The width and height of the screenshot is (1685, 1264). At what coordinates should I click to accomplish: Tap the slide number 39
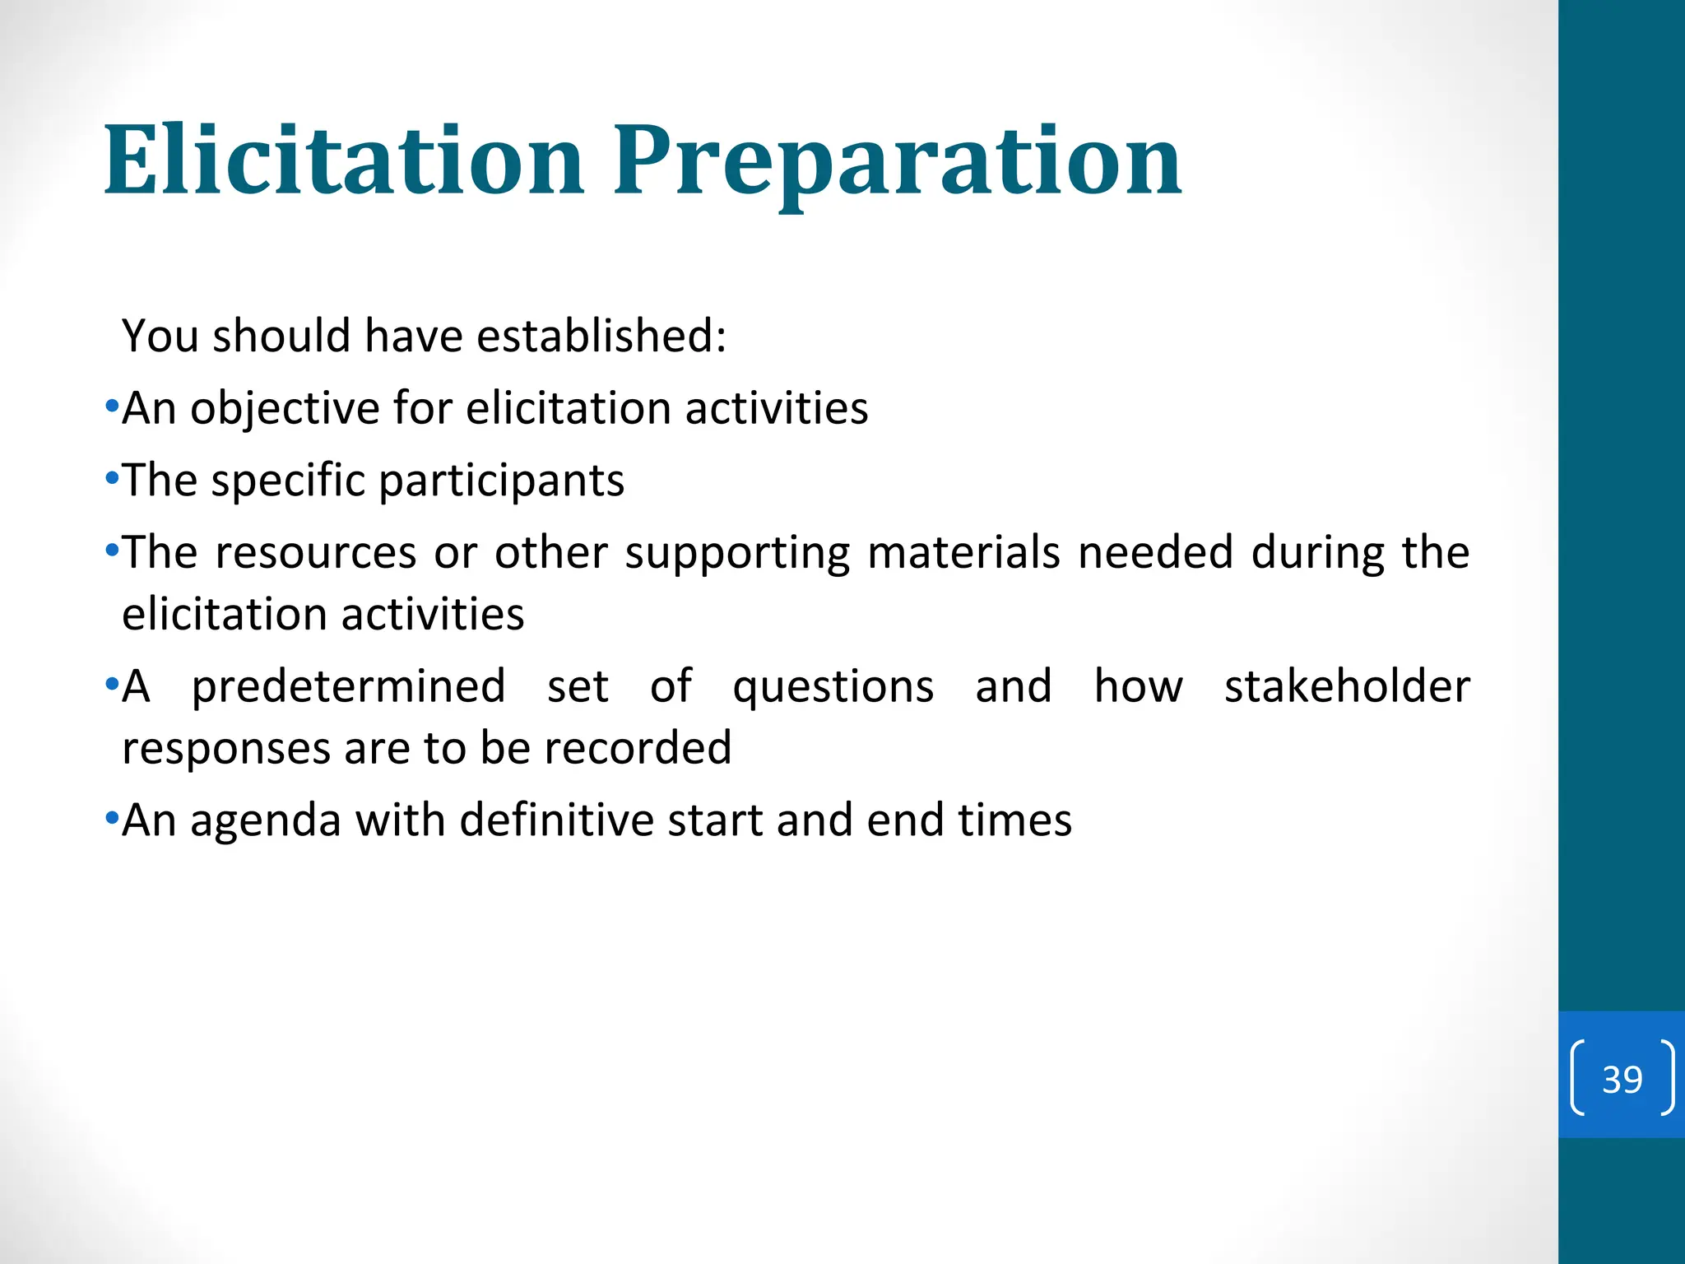point(1622,1079)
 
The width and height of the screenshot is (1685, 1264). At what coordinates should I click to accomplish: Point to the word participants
point(501,481)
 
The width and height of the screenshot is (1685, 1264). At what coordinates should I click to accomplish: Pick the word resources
point(316,552)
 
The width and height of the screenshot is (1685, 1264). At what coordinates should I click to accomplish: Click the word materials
point(963,552)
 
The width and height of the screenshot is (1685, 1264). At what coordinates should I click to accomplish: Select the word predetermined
point(348,687)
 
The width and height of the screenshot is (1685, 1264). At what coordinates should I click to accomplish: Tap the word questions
point(833,687)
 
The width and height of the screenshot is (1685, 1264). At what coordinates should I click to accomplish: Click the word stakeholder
point(1346,687)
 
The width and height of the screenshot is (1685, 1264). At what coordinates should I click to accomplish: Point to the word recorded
point(638,748)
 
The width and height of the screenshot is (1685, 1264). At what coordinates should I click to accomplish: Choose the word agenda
point(266,821)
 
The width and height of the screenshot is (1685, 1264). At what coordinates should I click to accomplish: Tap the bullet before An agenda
point(113,819)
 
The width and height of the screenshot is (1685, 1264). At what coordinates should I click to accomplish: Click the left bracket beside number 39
point(1577,1079)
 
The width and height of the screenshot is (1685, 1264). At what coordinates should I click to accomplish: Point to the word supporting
point(737,554)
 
